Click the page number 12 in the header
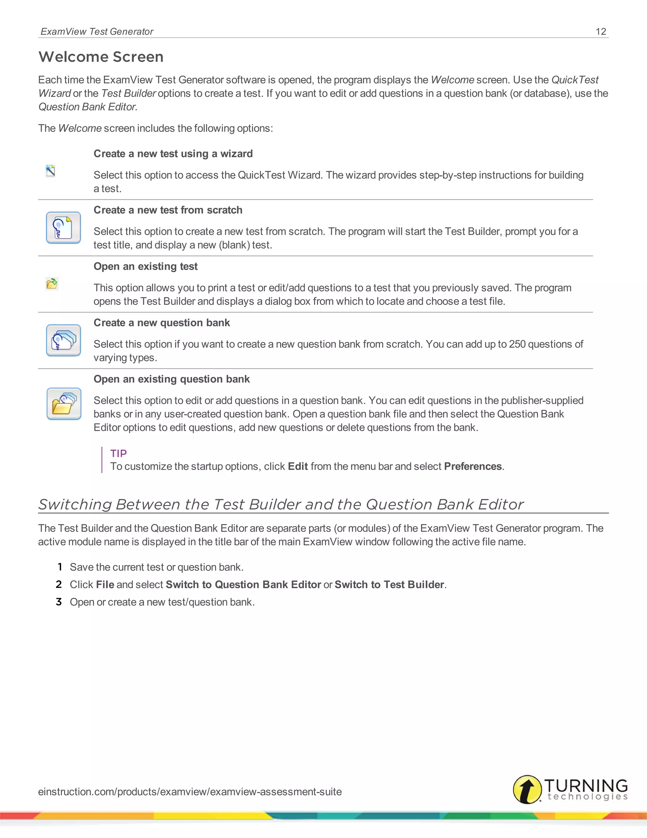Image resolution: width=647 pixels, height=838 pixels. click(x=601, y=31)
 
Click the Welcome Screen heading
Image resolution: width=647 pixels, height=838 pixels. click(x=101, y=57)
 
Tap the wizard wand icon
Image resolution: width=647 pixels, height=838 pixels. click(x=50, y=171)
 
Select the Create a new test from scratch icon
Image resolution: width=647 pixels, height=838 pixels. click(x=63, y=228)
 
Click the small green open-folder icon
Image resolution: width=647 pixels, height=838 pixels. click(x=52, y=284)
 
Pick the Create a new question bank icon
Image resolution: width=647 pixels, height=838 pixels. click(x=63, y=340)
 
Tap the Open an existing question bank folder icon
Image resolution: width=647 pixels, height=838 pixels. click(x=63, y=404)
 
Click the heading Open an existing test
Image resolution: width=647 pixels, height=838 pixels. click(x=145, y=266)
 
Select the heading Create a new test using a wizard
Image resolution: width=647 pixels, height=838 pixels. click(x=173, y=153)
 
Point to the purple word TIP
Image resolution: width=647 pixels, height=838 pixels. click(x=118, y=453)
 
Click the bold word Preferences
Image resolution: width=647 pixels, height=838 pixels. click(x=473, y=466)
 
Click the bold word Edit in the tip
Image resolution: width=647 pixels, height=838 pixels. click(x=298, y=466)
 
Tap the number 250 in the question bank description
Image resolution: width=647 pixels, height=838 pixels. click(x=517, y=344)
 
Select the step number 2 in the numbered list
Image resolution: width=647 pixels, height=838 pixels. click(x=59, y=584)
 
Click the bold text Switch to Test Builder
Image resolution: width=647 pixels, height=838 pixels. click(x=389, y=584)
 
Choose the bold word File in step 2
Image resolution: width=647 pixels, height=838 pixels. click(x=105, y=584)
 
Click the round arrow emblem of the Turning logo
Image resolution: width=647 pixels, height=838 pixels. click(x=527, y=789)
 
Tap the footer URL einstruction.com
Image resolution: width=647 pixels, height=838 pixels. click(x=190, y=792)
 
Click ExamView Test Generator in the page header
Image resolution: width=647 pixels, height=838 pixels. click(x=97, y=31)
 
